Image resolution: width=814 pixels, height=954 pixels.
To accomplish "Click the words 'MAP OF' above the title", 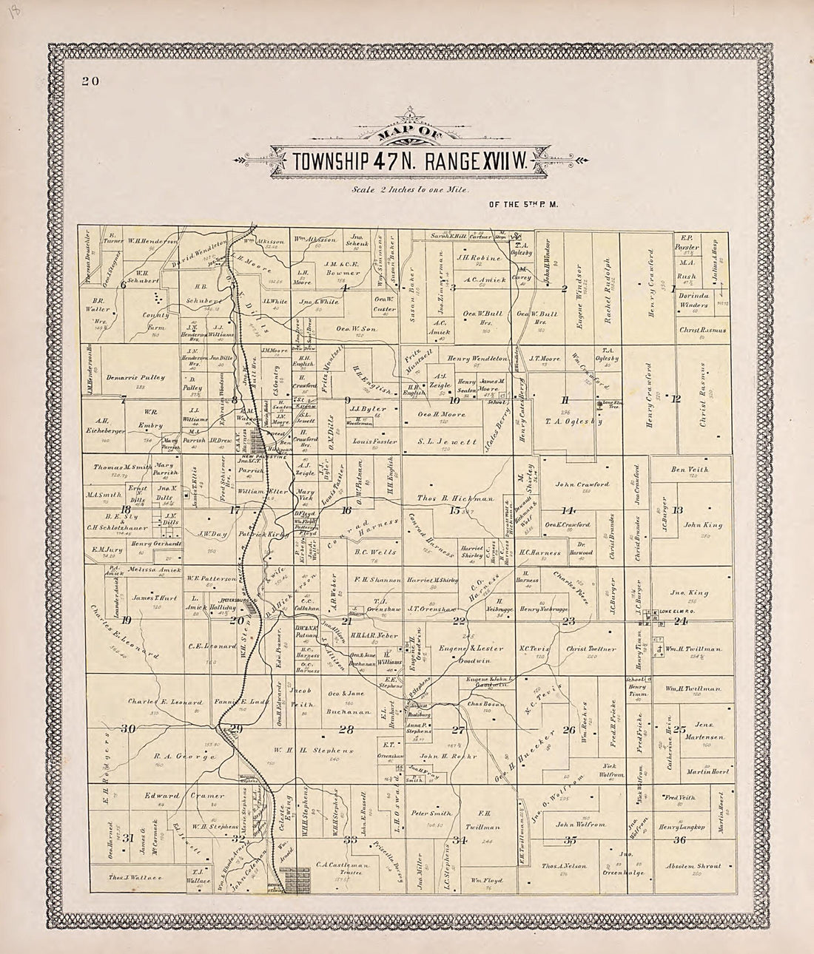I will pos(406,134).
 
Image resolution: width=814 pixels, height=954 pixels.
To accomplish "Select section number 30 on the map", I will pos(128,729).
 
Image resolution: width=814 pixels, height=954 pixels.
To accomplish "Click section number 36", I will pos(679,839).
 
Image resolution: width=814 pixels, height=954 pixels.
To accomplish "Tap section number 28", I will pos(346,731).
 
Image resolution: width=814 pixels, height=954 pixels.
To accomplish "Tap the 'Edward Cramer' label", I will pos(184,796).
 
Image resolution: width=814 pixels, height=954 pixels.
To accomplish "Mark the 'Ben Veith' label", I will pos(689,469).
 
